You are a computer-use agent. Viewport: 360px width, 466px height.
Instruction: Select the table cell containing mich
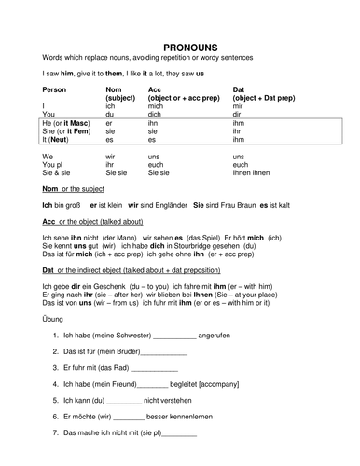157,105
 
